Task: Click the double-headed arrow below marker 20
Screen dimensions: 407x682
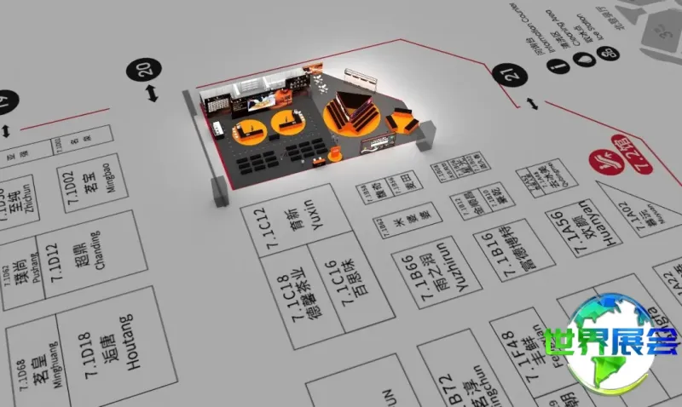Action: (x=152, y=93)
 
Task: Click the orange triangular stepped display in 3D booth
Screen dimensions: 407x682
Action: (x=350, y=112)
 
